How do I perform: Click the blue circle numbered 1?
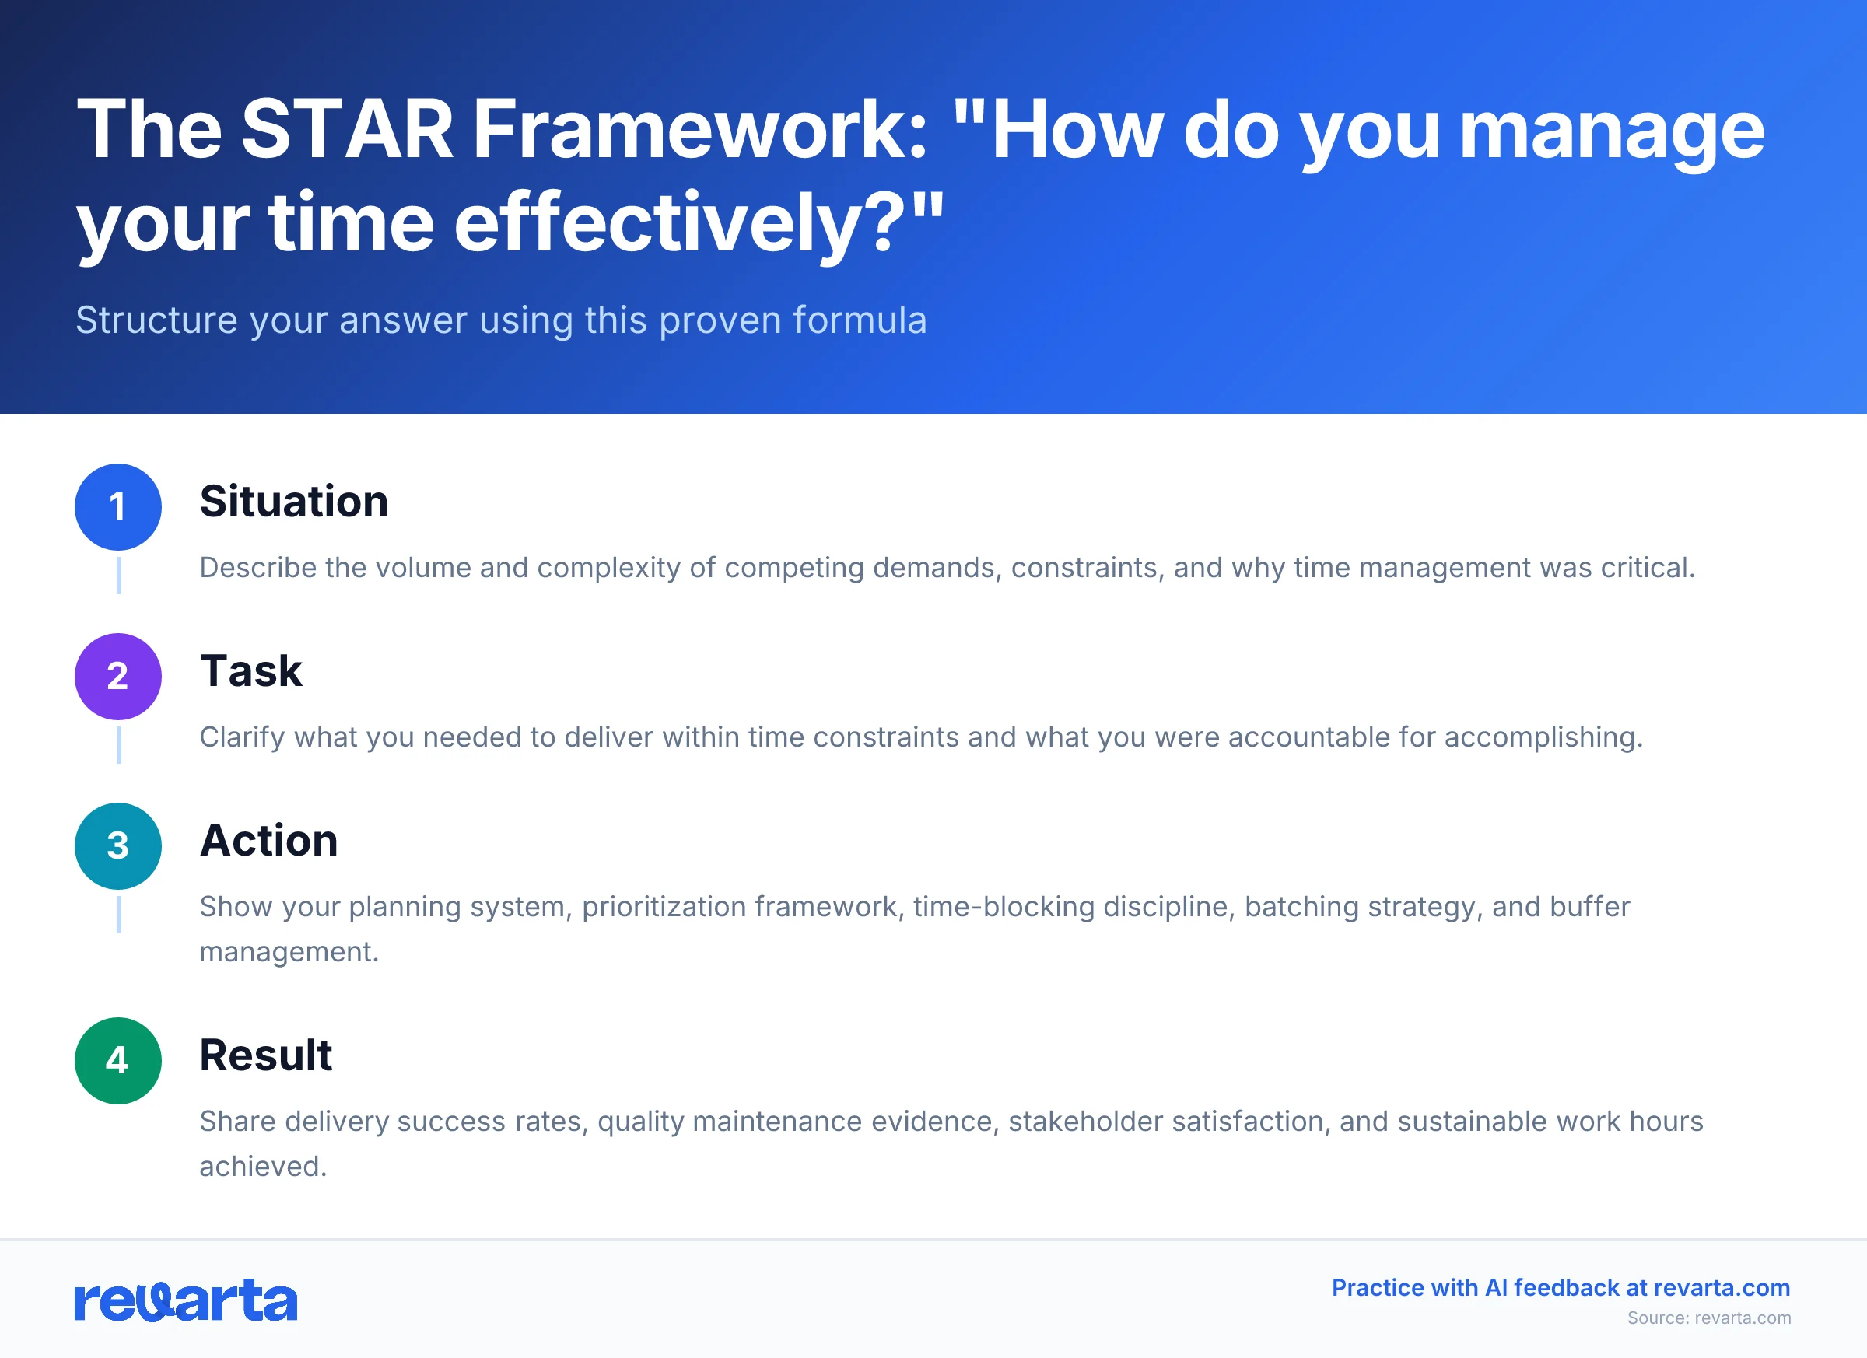tap(117, 507)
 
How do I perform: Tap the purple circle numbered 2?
tap(117, 677)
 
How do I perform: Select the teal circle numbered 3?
tap(117, 846)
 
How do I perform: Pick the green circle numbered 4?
tap(117, 1061)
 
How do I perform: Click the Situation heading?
tap(294, 501)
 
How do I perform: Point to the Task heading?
tap(251, 670)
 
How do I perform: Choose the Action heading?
tap(268, 840)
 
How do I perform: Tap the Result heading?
tap(265, 1055)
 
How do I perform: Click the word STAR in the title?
tap(347, 129)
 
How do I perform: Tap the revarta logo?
tap(185, 1301)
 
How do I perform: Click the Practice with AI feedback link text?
tap(1560, 1288)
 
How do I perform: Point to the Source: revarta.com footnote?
tap(1708, 1318)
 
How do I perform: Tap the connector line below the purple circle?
tap(118, 745)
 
